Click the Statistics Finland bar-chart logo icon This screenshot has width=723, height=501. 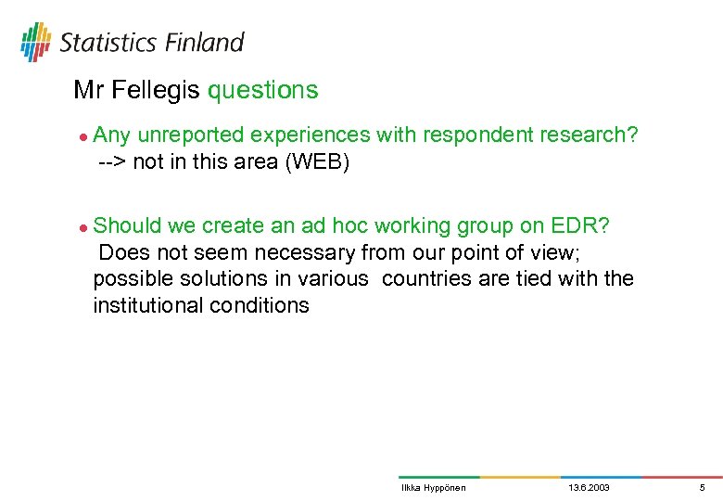[x=36, y=42]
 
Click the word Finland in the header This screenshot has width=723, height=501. [x=206, y=43]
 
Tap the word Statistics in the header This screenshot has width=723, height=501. [x=108, y=43]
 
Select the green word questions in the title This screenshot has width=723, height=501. [x=262, y=90]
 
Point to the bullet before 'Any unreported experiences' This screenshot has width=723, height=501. [x=82, y=136]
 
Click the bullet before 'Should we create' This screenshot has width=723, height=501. [x=82, y=226]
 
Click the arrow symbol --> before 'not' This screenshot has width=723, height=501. [x=113, y=162]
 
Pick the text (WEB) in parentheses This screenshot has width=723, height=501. [x=317, y=162]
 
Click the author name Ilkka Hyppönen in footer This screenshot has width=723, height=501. [x=433, y=488]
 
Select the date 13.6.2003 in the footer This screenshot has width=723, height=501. [x=589, y=488]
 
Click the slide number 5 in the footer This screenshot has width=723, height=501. [x=702, y=488]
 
